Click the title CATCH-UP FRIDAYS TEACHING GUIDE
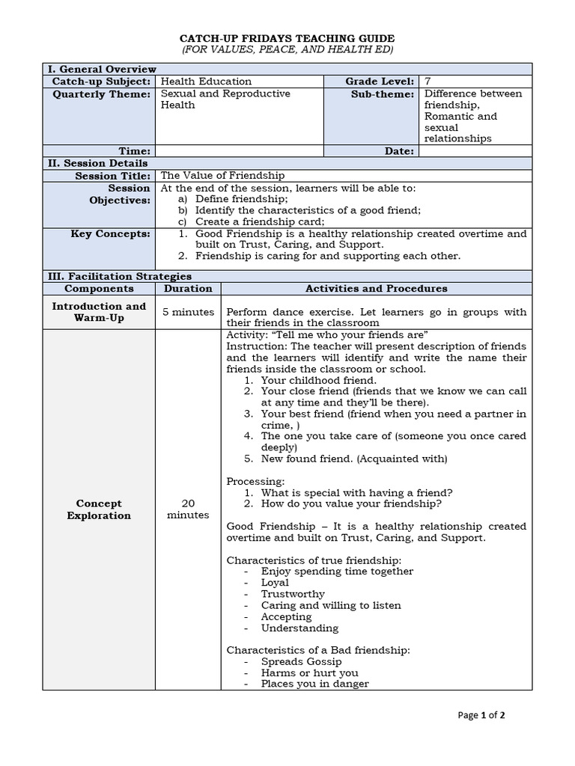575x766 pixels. click(287, 38)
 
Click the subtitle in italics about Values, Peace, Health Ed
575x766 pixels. click(287, 49)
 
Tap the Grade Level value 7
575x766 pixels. click(428, 81)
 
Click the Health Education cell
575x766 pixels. click(207, 81)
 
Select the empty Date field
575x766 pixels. click(475, 151)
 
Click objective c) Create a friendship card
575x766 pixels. click(260, 221)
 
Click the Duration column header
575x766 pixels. click(188, 288)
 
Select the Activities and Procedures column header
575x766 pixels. click(377, 288)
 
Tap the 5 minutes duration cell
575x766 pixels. click(188, 312)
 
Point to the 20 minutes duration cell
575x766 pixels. click(188, 509)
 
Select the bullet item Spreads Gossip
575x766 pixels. click(301, 661)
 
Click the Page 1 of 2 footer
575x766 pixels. click(481, 715)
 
